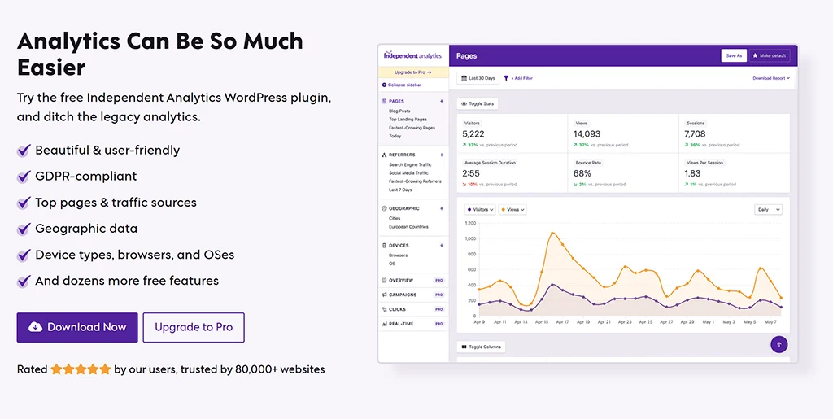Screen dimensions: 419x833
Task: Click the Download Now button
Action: (77, 327)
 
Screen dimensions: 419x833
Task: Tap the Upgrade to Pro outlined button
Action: (194, 327)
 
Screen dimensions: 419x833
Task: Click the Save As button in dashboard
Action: (734, 55)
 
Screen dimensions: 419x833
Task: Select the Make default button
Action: (770, 55)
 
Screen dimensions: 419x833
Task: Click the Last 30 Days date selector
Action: (478, 78)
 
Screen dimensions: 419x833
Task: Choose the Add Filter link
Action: (518, 78)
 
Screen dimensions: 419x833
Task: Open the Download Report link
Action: (770, 78)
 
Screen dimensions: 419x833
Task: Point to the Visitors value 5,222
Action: (473, 134)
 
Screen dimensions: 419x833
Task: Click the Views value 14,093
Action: (587, 134)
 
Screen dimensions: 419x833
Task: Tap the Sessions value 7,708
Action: (695, 134)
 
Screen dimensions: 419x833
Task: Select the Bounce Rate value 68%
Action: (582, 173)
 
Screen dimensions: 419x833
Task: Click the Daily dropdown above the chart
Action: (768, 209)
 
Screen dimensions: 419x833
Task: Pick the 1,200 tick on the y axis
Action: (470, 223)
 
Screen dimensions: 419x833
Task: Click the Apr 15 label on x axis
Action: (541, 322)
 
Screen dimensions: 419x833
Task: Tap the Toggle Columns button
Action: (481, 347)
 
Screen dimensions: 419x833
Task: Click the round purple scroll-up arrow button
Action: (779, 344)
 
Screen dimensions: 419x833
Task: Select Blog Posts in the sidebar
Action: (399, 111)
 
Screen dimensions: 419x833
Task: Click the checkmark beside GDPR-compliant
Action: (24, 177)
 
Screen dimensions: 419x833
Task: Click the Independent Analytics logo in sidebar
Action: (413, 56)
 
